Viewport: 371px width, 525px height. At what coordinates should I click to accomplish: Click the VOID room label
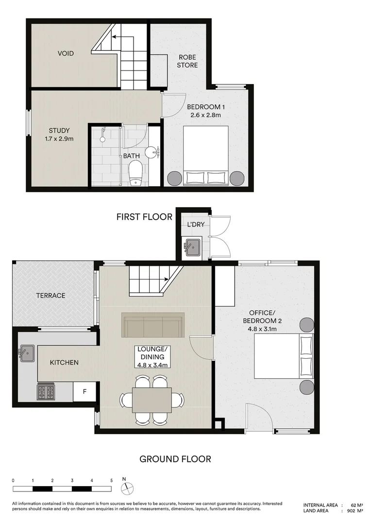pos(66,53)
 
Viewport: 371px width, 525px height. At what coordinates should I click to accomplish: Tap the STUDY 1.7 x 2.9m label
pos(59,134)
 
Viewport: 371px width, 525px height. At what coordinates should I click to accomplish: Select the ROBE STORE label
pos(187,61)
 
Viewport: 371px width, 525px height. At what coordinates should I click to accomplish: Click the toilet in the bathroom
pos(135,174)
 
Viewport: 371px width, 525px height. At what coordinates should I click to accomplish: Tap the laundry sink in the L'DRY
pos(192,247)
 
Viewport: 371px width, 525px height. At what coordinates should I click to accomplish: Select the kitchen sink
pos(26,353)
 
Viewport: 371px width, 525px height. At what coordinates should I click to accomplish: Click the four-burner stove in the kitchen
pos(46,392)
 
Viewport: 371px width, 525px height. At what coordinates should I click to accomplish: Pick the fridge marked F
pos(84,392)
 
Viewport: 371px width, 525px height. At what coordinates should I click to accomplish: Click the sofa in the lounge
pos(153,325)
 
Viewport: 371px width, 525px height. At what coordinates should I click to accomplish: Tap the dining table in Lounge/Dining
pos(152,400)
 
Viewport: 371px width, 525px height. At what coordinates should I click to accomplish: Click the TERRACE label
pos(51,295)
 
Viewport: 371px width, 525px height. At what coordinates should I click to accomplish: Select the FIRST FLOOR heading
pos(144,217)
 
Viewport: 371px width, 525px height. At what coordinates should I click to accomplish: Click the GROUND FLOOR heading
pos(175,458)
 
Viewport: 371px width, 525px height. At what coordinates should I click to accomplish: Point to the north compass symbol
pos(125,488)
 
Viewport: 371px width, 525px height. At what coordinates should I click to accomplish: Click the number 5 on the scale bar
pos(112,480)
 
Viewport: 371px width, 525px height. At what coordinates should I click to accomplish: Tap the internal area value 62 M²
pos(357,505)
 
